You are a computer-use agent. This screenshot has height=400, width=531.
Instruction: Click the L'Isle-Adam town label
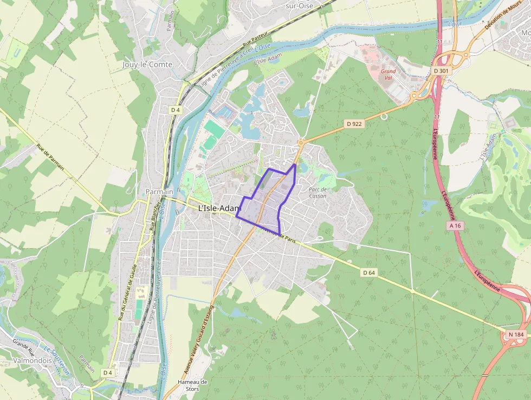[x=219, y=208]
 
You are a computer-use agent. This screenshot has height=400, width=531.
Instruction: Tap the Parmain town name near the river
[x=159, y=192]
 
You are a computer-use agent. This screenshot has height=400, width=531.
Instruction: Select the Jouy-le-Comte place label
[x=147, y=64]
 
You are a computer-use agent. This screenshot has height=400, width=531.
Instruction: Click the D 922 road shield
[x=354, y=124]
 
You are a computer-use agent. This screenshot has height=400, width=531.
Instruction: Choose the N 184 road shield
[x=516, y=335]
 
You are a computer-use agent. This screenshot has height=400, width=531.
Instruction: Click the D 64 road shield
[x=369, y=272]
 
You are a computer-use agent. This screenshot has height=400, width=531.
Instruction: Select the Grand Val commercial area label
[x=388, y=74]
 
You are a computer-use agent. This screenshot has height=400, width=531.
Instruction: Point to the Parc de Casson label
[x=318, y=192]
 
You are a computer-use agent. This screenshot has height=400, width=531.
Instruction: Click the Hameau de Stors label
[x=192, y=385]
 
